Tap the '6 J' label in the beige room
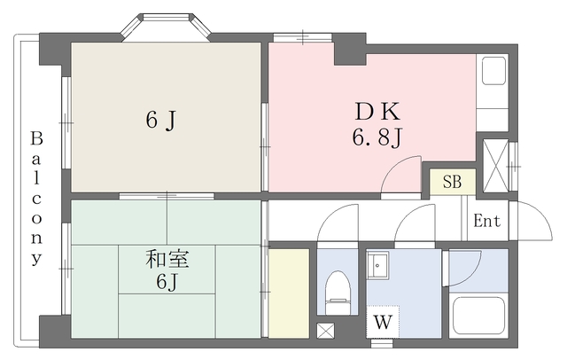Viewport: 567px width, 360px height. coord(159,121)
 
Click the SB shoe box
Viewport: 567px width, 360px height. coord(452,184)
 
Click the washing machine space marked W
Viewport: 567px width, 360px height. coord(382,322)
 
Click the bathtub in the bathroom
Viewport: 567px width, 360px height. coord(478,316)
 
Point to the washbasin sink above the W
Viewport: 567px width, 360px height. coord(379,266)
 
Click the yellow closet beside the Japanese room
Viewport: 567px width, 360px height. coord(289,293)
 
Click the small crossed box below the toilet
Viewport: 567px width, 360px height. coord(325,332)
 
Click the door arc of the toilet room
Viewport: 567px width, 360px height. coord(336,226)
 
